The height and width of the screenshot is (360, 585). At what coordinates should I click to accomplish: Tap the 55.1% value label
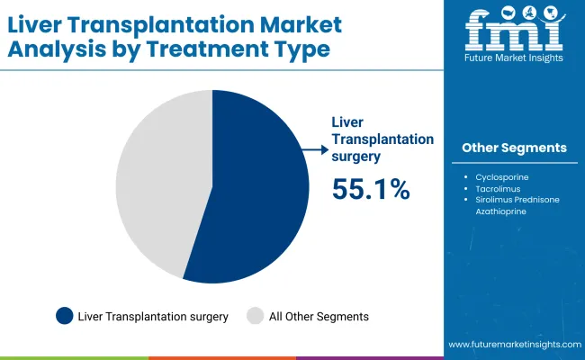click(371, 188)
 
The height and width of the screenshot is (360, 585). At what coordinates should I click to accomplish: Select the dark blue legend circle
click(65, 316)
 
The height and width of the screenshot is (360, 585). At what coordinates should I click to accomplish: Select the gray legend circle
click(255, 316)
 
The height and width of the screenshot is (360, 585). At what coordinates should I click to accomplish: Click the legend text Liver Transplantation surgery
click(153, 316)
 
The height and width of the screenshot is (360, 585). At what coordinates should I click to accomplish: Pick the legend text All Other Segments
click(319, 316)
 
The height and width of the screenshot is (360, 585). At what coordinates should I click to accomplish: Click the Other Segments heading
click(514, 148)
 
